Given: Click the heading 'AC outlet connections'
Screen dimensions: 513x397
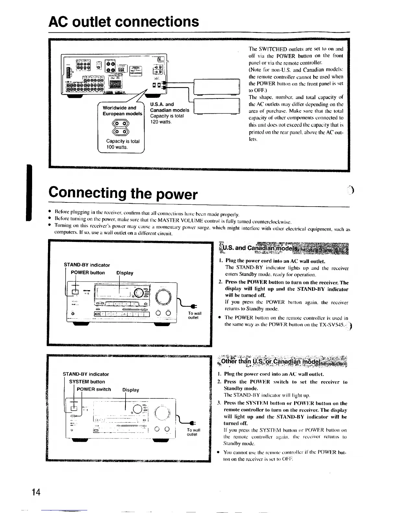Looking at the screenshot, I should point(124,22).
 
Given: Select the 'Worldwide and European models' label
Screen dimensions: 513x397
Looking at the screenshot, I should point(122,110).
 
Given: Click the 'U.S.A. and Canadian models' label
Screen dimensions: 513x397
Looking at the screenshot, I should point(169,107).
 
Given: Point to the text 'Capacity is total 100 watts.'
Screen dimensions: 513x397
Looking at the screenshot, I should point(123,144).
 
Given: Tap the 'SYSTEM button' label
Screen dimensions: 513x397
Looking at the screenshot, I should point(87,382).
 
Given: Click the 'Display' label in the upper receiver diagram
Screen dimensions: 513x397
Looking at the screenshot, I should point(125,273).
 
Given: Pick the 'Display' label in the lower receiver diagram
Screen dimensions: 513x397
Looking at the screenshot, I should point(130,390).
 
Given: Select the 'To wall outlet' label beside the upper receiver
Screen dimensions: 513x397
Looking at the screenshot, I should point(195,315).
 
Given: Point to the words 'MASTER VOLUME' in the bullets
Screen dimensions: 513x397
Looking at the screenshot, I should point(191,222).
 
